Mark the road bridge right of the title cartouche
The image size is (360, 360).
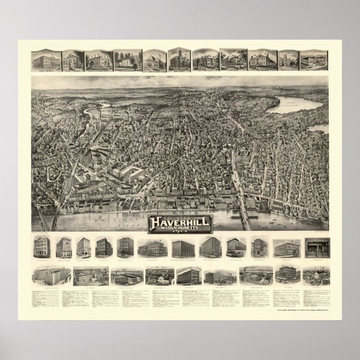pos(247,211)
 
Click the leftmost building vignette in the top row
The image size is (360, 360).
pos(45,60)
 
